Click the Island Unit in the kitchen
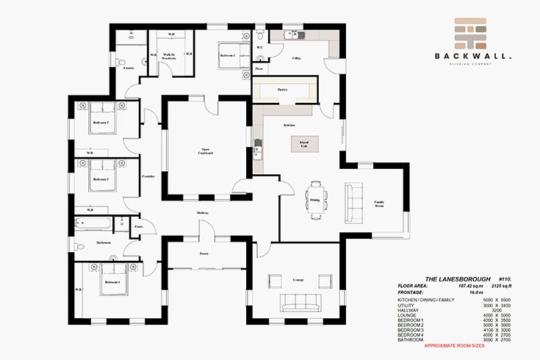tap(303, 143)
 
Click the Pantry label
tap(282, 90)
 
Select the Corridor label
tap(148, 176)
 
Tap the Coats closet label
tap(138, 227)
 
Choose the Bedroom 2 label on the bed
tap(100, 122)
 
